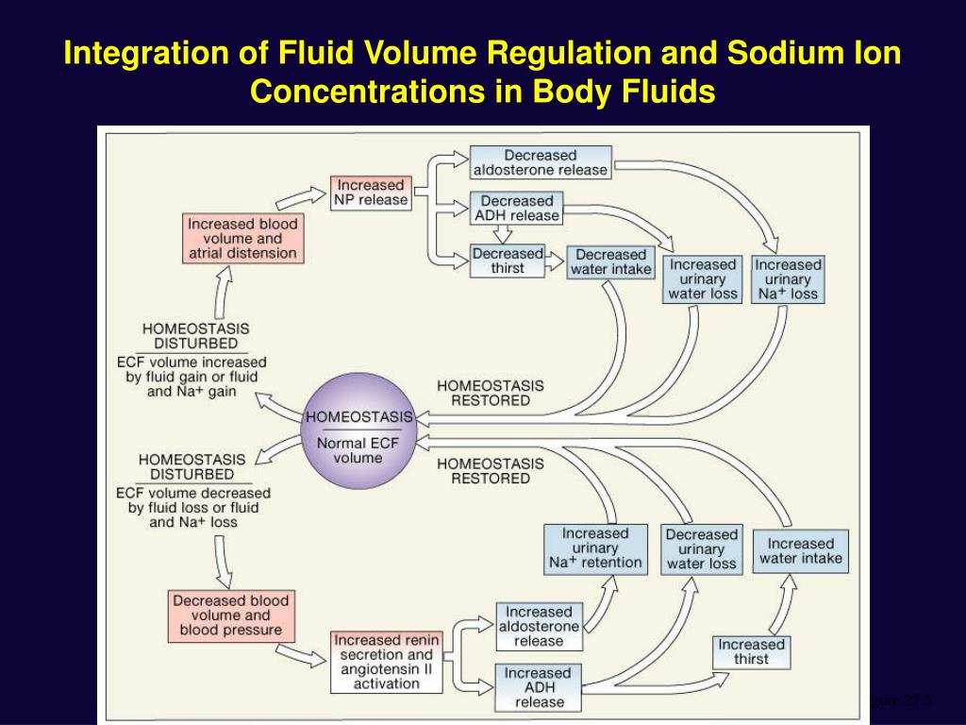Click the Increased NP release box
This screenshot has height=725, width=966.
point(371,193)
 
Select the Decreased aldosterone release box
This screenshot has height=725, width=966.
point(541,162)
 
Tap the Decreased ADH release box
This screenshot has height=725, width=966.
point(517,208)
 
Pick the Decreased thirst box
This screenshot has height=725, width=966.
point(508,261)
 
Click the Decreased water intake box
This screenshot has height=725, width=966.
point(610,261)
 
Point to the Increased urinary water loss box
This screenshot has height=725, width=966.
point(703,278)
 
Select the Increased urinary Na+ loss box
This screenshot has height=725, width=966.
point(788,278)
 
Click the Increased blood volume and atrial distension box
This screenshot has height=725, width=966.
point(242,239)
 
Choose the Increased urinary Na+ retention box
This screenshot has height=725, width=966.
point(595,548)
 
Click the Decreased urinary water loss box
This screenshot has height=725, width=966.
point(701,548)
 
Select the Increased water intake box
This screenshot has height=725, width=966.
point(801,550)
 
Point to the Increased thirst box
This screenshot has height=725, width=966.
point(751,651)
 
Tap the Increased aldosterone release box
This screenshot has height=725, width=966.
point(538,626)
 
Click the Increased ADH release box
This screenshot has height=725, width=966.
point(538,687)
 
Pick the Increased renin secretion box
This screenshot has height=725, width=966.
point(385,661)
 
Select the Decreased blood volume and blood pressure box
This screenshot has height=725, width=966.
point(230,615)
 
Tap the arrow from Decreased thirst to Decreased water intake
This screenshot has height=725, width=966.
point(556,260)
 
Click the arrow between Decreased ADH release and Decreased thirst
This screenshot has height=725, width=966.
point(509,234)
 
